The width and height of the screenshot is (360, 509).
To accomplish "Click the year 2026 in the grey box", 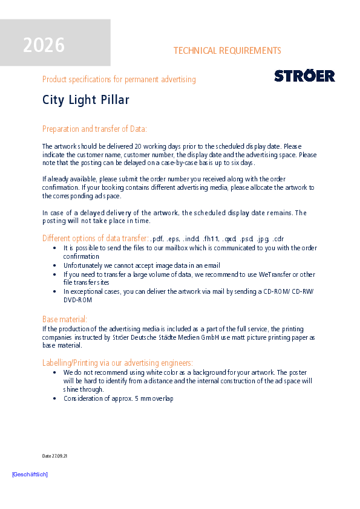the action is click(44, 45).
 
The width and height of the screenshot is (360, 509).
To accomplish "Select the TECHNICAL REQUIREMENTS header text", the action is click(227, 51).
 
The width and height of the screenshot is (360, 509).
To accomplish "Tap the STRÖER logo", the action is click(304, 76).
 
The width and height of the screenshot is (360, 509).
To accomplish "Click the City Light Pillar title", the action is click(86, 100).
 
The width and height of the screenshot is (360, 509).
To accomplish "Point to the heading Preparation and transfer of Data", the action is click(94, 129).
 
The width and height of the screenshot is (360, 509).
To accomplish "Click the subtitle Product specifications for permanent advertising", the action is click(119, 79).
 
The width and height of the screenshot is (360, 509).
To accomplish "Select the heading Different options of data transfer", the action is click(95, 238).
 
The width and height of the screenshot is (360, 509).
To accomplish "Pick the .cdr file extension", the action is click(278, 239).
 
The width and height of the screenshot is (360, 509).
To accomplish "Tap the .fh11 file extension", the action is click(211, 239).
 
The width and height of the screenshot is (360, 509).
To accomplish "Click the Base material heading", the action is click(65, 319).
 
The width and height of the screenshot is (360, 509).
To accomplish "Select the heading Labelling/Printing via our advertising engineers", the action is click(117, 363).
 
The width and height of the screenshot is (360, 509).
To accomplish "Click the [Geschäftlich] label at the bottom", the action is click(30, 475).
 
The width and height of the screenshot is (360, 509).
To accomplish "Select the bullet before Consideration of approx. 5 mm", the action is click(55, 398).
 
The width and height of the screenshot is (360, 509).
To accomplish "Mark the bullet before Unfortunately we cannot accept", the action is click(55, 265).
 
